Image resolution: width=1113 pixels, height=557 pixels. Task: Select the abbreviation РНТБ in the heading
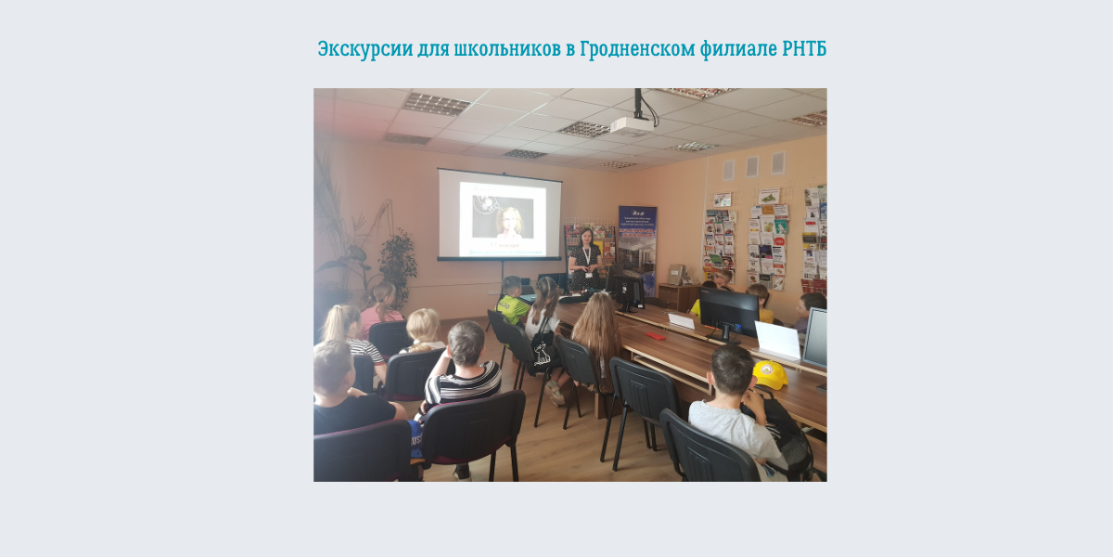pos(804,49)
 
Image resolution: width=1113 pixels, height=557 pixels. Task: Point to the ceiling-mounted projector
pos(631,124)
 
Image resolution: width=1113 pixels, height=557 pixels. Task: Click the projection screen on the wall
pos(500,214)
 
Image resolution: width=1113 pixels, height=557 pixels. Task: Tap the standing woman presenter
pos(584,259)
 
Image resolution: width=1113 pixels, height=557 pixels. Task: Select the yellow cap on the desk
pos(770,374)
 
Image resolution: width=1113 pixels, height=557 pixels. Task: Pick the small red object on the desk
pos(655,335)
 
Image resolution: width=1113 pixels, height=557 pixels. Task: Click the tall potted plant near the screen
pos(398,266)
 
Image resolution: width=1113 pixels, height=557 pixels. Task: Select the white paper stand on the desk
pos(777,340)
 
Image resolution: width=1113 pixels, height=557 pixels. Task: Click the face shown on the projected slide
pos(510,223)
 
